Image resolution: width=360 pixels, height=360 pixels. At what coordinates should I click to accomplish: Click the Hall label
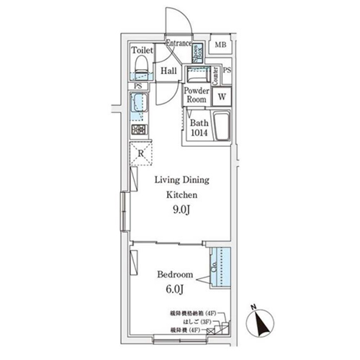pos(169,71)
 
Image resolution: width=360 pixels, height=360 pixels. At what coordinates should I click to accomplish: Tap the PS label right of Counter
pos(228,71)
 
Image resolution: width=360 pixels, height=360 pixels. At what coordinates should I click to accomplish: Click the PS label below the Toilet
pos(138,86)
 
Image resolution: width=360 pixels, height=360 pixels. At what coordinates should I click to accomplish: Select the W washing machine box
pos(222,96)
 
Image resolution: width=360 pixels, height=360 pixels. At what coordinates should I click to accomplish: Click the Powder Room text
pos(196,96)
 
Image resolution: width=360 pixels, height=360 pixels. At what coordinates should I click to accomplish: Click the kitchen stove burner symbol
pos(139,130)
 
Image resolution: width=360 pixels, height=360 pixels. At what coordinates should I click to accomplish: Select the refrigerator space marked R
pos(140,153)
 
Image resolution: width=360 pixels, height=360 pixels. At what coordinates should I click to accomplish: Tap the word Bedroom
pos(175,274)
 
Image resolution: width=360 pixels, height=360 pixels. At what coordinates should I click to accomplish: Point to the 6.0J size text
pos(175,291)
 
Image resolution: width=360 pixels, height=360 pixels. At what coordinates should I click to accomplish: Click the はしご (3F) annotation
pos(199,321)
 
